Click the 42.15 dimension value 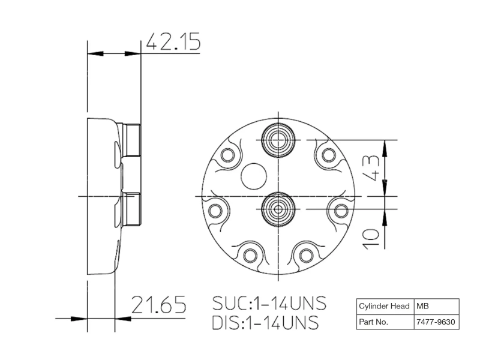pos(173,41)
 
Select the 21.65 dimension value pos(159,305)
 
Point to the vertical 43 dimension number pos(371,169)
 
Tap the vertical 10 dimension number pos(371,238)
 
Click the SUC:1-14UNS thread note pos(269,304)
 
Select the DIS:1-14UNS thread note pos(265,322)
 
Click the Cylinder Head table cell pos(385,307)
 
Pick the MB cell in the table pos(437,307)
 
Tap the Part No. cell pos(385,322)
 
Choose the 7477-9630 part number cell pos(437,322)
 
